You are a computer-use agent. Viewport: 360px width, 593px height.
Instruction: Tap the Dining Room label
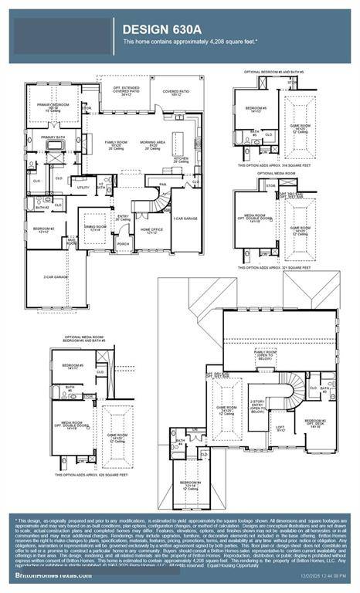pyautogui.click(x=95, y=228)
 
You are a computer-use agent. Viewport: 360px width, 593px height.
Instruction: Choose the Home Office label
pyautogui.click(x=150, y=230)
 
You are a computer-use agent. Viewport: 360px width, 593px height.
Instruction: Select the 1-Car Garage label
pyautogui.click(x=185, y=219)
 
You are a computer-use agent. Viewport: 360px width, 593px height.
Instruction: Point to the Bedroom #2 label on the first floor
pyautogui.click(x=43, y=229)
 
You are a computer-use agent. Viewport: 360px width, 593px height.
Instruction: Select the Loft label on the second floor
pyautogui.click(x=280, y=425)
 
